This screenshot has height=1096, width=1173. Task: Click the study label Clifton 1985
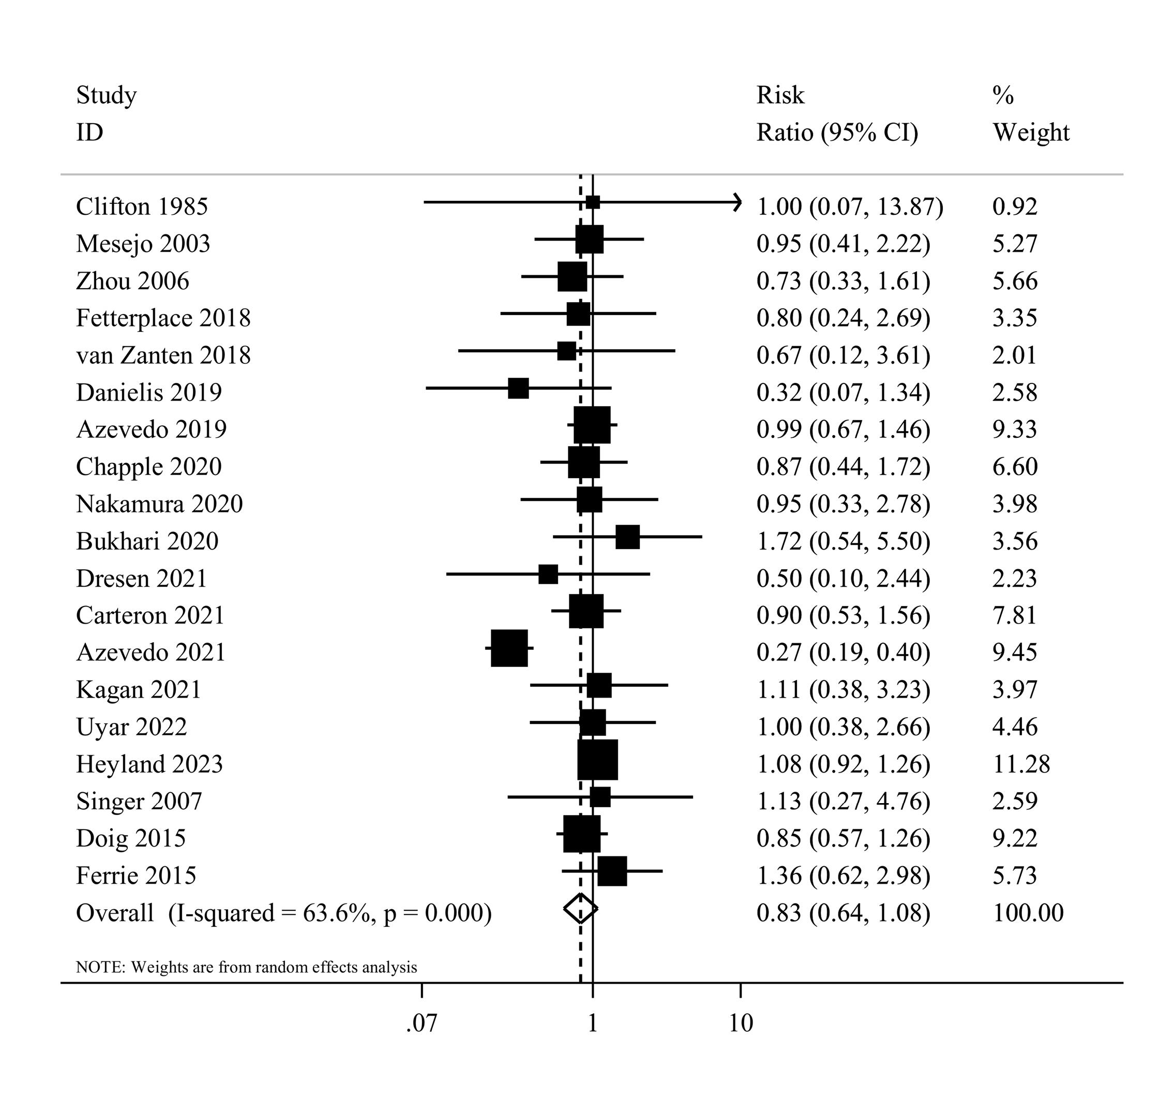(142, 206)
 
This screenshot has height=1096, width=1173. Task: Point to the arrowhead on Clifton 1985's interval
(738, 202)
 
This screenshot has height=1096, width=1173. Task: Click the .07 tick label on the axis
(422, 1023)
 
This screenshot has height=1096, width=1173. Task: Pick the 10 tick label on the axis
(741, 1023)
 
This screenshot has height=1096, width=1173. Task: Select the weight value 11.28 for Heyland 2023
(1021, 764)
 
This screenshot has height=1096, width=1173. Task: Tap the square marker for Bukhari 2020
(627, 537)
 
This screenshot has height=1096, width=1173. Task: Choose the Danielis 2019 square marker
(518, 388)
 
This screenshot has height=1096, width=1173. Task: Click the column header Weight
(1031, 132)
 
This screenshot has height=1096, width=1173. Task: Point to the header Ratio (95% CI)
(837, 132)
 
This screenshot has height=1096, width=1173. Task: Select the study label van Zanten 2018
(163, 356)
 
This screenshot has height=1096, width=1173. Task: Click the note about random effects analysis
(247, 967)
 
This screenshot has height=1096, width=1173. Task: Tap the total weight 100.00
(1028, 913)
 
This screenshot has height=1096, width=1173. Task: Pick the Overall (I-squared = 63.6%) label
(283, 913)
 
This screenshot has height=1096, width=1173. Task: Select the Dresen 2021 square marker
(548, 574)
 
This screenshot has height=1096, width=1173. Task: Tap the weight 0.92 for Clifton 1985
(1014, 206)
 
